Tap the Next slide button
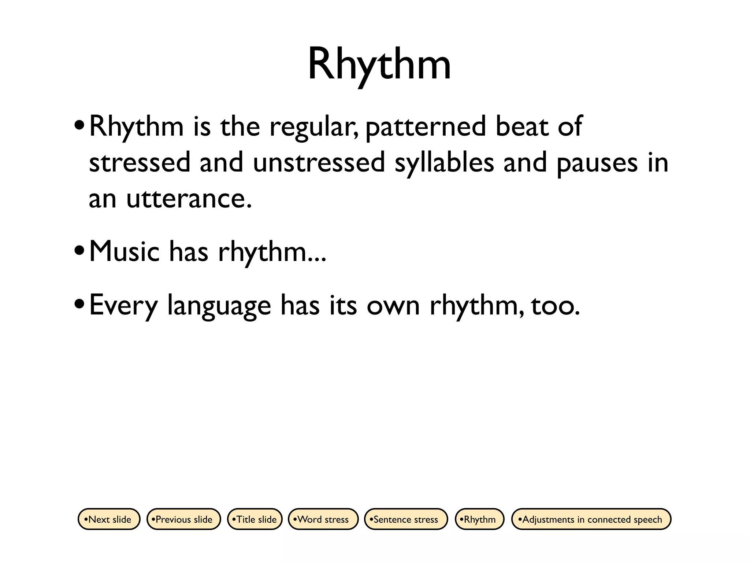(x=109, y=519)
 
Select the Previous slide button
(x=183, y=519)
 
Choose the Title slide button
(x=255, y=519)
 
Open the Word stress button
(x=323, y=519)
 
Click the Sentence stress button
(x=405, y=519)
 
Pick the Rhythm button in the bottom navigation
(x=479, y=519)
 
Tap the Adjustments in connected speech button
(x=591, y=519)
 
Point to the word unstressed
(x=319, y=163)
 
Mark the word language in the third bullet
(x=219, y=306)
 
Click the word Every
(x=123, y=306)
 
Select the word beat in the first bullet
(x=522, y=126)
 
